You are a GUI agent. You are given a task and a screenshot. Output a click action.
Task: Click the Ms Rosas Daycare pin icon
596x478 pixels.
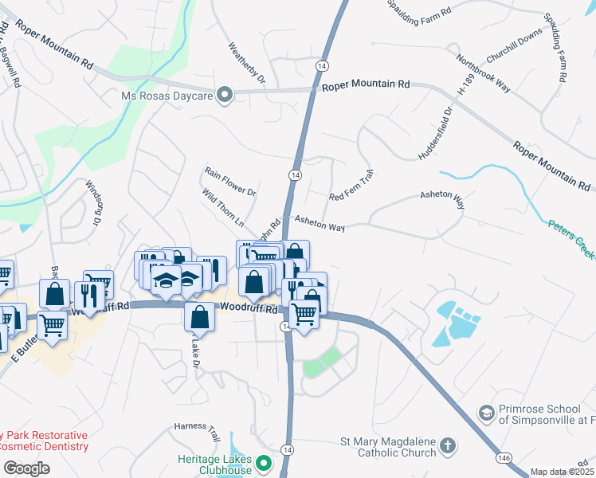pos(225,96)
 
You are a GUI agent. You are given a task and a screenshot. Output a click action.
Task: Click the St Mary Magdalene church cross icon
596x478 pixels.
pos(448,447)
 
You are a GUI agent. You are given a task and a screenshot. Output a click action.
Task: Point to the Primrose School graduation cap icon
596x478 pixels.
pos(486,413)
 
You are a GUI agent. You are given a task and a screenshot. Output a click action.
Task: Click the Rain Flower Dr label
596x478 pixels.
pos(229,182)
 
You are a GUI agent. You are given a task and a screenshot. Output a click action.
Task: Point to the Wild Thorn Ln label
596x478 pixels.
pos(222,206)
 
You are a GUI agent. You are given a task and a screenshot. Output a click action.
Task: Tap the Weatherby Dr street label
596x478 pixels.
pos(246,63)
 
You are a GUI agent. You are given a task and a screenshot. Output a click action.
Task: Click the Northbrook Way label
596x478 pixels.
pos(482,74)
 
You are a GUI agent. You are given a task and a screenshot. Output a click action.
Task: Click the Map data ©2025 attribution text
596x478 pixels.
pos(562,472)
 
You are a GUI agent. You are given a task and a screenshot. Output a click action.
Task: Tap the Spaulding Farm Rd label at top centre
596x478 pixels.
pos(420,8)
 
